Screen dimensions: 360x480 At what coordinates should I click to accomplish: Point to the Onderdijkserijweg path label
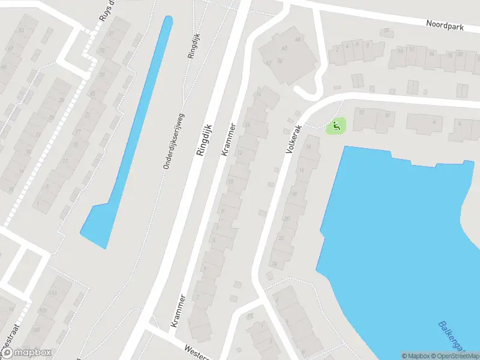click(x=173, y=142)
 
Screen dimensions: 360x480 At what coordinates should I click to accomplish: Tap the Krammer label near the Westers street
click(x=178, y=310)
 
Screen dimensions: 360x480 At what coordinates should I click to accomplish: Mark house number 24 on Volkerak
click(x=274, y=263)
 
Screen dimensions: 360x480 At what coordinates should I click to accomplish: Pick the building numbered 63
click(x=298, y=39)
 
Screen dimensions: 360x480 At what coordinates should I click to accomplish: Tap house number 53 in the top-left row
click(x=22, y=30)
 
